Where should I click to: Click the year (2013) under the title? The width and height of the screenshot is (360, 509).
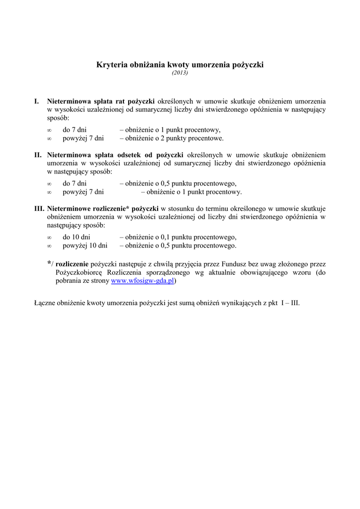(180, 73)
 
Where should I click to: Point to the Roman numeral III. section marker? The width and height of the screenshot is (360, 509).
(39, 208)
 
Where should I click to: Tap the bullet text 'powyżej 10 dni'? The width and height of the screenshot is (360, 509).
(85, 246)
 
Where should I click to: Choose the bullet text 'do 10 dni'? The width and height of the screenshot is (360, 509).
(76, 237)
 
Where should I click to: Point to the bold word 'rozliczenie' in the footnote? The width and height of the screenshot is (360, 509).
(73, 264)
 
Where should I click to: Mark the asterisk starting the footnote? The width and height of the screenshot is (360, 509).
(49, 263)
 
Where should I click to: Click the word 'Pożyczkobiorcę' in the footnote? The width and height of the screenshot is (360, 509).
(78, 272)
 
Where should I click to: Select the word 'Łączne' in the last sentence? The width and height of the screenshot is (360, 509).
(44, 302)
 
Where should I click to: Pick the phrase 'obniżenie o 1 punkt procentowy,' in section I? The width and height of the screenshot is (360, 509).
(173, 129)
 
